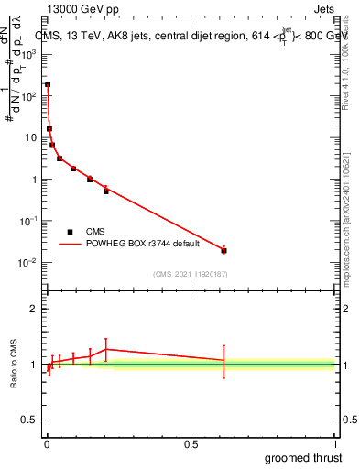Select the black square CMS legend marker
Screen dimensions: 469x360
tap(71, 232)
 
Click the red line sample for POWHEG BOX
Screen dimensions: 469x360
tap(71, 245)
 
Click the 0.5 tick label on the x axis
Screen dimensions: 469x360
tap(191, 443)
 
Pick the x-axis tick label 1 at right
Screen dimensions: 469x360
tap(334, 443)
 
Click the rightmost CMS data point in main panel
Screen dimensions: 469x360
tap(224, 250)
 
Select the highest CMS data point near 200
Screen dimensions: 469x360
tap(48, 84)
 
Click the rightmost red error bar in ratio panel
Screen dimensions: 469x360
tap(224, 360)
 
